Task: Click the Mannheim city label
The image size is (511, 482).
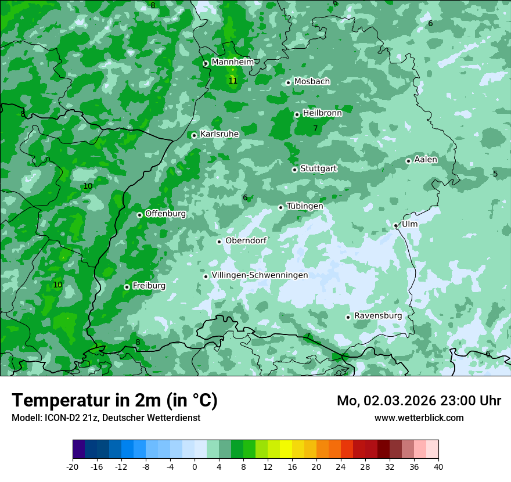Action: point(232,62)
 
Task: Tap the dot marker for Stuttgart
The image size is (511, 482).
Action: point(295,170)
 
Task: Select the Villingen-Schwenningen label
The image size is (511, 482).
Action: point(260,275)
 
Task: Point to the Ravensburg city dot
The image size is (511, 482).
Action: point(348,317)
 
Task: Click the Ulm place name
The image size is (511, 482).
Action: point(409,224)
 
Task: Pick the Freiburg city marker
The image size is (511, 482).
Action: point(127,287)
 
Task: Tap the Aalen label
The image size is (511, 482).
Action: point(426,160)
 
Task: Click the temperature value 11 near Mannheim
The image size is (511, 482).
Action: point(233,81)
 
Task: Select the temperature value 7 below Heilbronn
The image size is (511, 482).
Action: point(315,128)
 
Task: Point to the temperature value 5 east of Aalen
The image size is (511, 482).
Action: point(495,174)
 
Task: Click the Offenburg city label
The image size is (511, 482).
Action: point(165,214)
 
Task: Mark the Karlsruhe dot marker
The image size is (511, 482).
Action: point(194,135)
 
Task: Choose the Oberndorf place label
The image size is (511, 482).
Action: point(246,241)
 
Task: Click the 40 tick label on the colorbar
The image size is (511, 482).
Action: point(438,466)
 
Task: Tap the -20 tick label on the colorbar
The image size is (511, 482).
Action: point(73,466)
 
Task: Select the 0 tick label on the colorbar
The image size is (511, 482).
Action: point(195,466)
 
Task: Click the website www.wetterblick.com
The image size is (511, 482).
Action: point(419,418)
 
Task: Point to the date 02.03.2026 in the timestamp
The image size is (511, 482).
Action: point(396,401)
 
